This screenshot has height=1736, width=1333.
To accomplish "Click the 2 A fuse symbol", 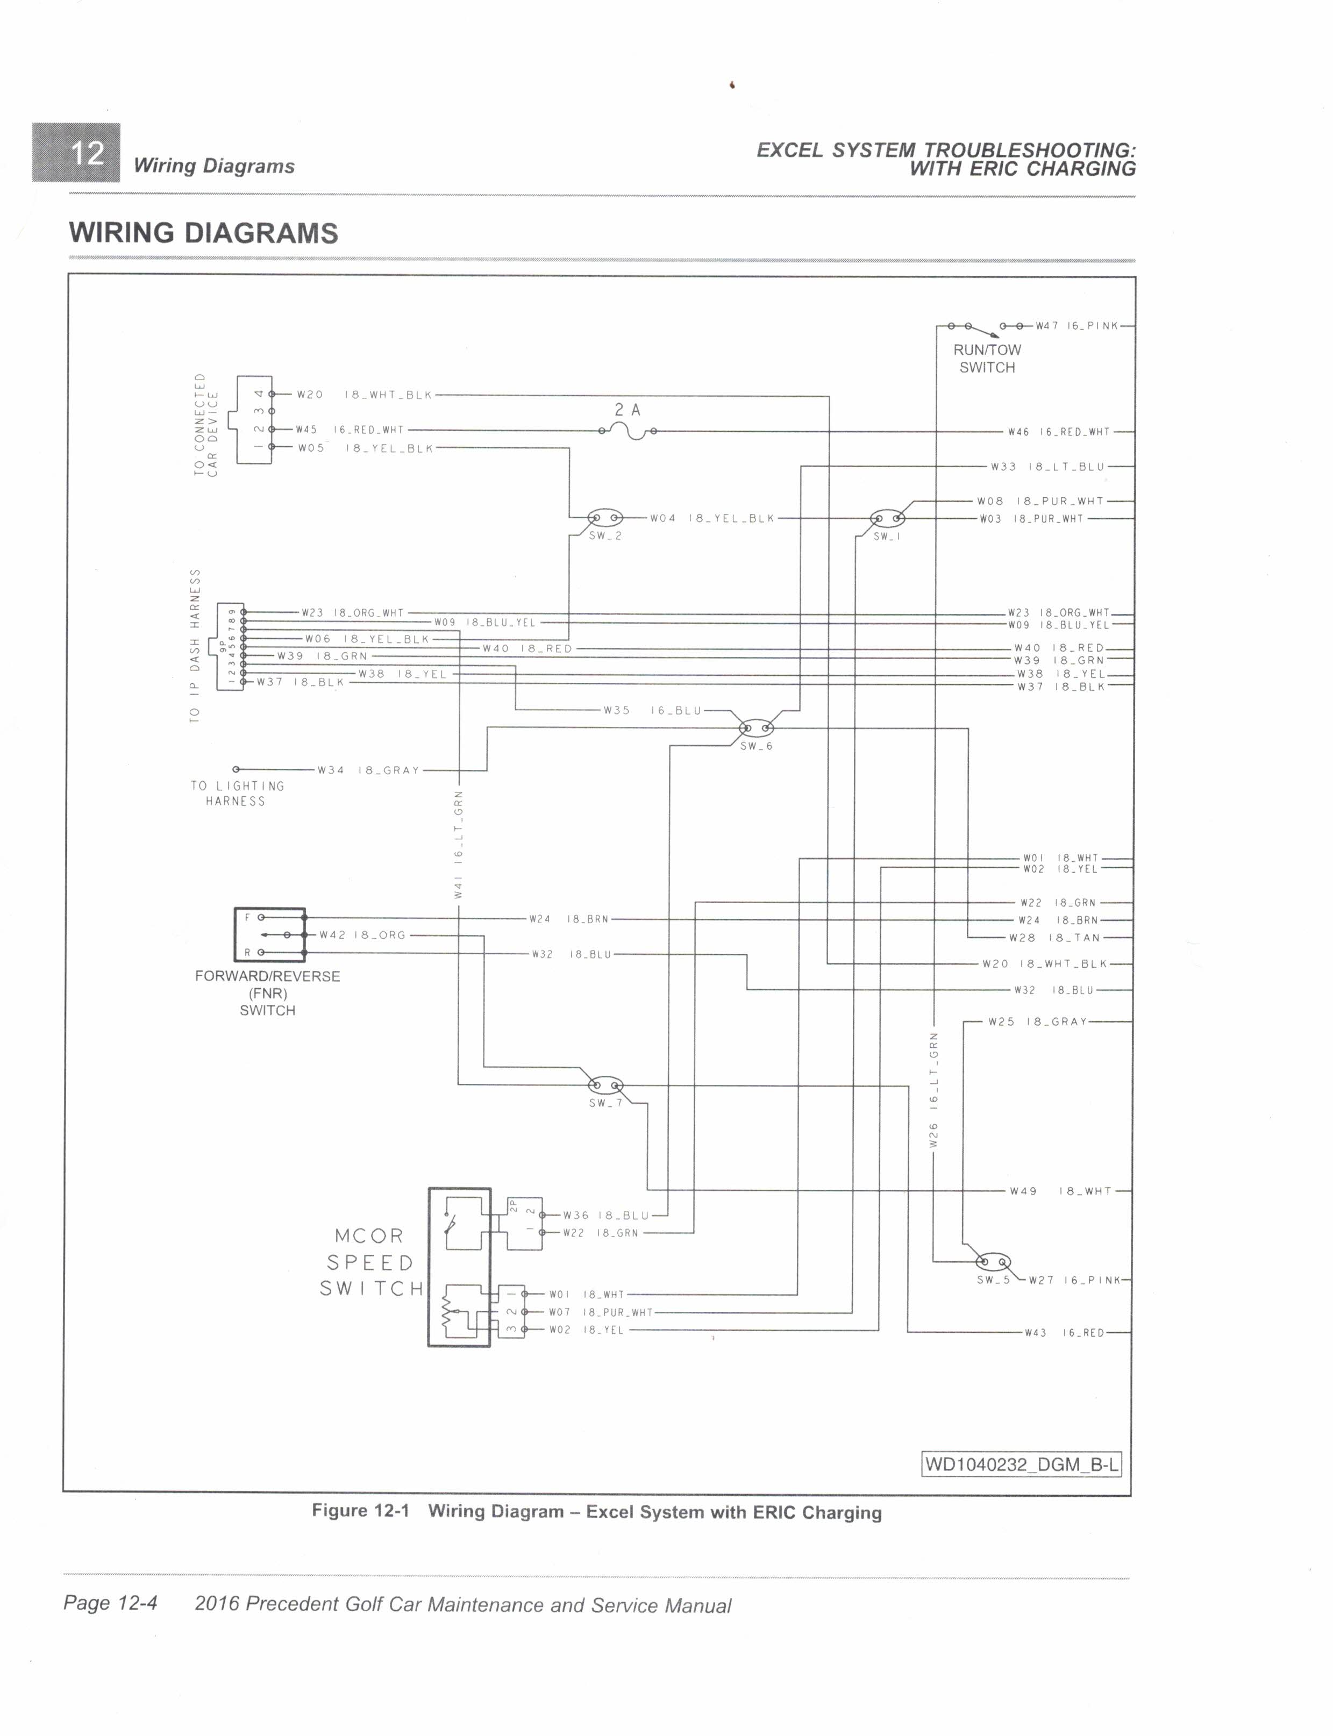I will point(628,431).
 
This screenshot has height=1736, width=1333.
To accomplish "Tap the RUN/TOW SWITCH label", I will point(987,359).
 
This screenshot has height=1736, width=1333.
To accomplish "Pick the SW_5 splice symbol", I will point(993,1261).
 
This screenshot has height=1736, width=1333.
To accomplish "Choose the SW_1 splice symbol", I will point(887,519).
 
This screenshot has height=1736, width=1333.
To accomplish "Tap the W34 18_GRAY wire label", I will point(368,770).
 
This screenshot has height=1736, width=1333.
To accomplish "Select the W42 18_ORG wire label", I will point(362,934).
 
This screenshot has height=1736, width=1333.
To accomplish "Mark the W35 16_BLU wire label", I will point(652,710).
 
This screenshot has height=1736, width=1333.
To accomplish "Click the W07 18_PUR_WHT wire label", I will point(601,1312).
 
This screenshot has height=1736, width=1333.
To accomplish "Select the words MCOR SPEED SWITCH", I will point(372,1262).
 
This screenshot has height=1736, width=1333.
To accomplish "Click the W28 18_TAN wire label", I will point(1054,938).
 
